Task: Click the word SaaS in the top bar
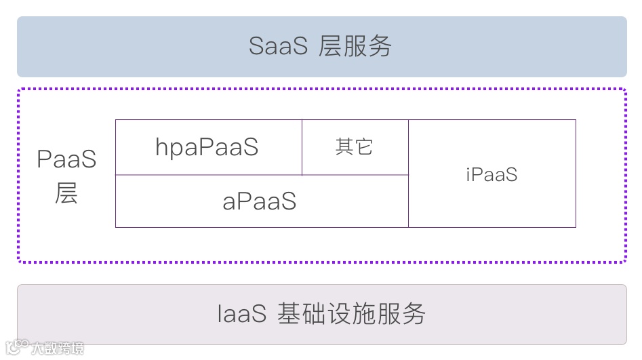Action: (x=278, y=46)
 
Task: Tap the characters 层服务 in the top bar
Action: (x=355, y=46)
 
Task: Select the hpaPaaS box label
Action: (x=207, y=147)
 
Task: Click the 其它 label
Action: (x=354, y=146)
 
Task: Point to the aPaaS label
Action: (x=260, y=201)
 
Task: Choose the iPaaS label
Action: (x=491, y=174)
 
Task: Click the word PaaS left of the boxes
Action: (x=66, y=160)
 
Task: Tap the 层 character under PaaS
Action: (x=66, y=193)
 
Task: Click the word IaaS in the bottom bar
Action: (x=241, y=315)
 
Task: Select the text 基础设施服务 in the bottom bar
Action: (x=352, y=315)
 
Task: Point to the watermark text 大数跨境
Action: (x=58, y=348)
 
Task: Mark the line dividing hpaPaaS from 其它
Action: (x=302, y=147)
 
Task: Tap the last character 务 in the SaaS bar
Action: (x=379, y=46)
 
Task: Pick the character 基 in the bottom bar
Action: (x=289, y=315)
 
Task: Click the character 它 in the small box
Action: (x=364, y=146)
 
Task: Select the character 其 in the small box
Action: (x=344, y=146)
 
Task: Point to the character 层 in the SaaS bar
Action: (x=330, y=46)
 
